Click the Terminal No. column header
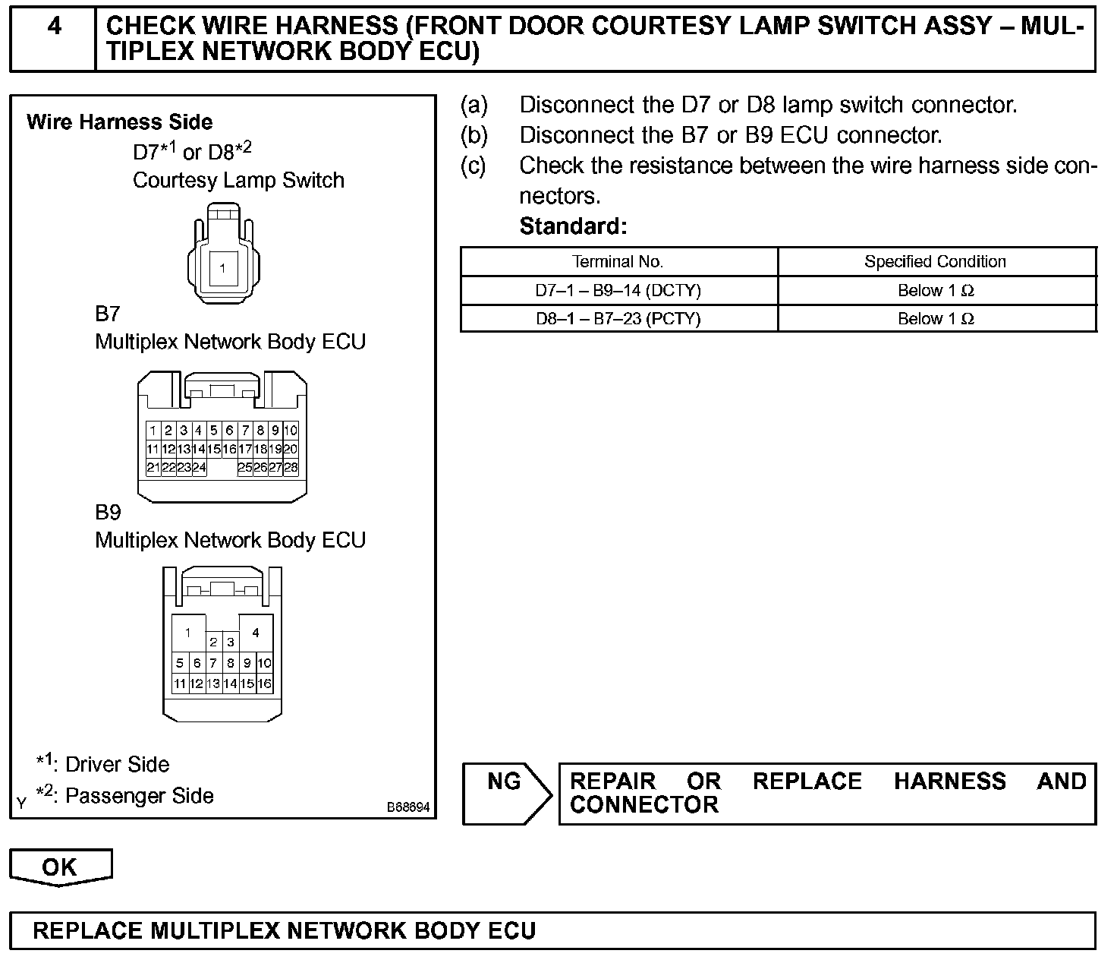pyautogui.click(x=618, y=262)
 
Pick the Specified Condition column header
pyautogui.click(x=935, y=262)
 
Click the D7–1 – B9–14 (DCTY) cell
pyautogui.click(x=618, y=291)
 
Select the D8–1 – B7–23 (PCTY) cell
pyautogui.click(x=618, y=319)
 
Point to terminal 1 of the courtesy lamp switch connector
pyautogui.click(x=222, y=267)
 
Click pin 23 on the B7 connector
pyautogui.click(x=184, y=468)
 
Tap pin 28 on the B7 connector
pyautogui.click(x=291, y=468)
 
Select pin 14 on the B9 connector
pyautogui.click(x=230, y=684)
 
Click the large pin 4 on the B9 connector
pyautogui.click(x=256, y=633)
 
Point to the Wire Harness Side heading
pyautogui.click(x=119, y=122)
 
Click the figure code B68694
pyautogui.click(x=408, y=807)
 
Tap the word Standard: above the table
pyautogui.click(x=573, y=226)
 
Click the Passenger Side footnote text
pyautogui.click(x=139, y=796)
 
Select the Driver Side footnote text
pyautogui.click(x=117, y=764)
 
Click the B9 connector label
pyautogui.click(x=108, y=513)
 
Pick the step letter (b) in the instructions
pyautogui.click(x=474, y=135)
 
